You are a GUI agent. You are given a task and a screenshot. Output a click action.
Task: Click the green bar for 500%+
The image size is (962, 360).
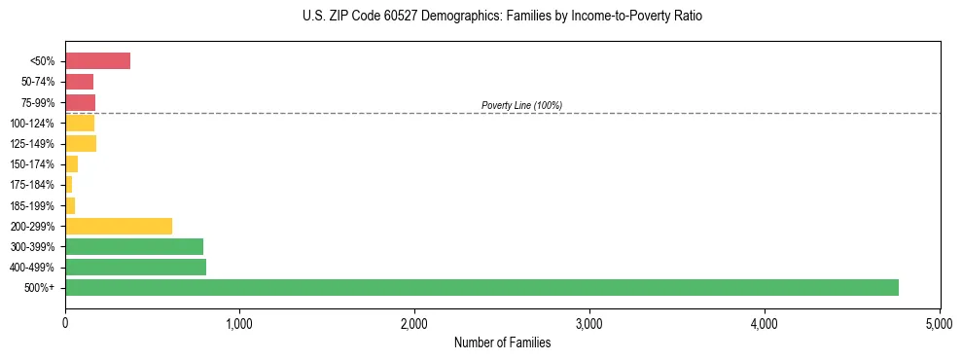point(481,287)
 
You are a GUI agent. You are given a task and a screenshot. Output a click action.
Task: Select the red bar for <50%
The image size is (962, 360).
point(97,61)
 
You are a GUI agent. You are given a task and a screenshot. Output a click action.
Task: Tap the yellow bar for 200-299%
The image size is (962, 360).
point(119,226)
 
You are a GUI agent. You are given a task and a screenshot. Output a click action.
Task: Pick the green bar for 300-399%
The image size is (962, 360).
point(134,246)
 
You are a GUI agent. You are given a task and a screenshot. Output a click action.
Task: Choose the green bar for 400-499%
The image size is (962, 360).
point(135,267)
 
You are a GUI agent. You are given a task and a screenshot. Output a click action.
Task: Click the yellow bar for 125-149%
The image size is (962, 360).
point(81,144)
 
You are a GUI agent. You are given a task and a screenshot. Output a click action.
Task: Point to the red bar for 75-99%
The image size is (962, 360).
point(80,102)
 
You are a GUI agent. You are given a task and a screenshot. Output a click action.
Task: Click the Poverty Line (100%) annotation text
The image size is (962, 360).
point(521,105)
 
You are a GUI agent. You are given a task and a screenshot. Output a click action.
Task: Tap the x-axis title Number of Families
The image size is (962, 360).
point(502,342)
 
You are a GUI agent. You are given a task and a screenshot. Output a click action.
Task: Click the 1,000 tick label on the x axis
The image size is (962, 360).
point(239,322)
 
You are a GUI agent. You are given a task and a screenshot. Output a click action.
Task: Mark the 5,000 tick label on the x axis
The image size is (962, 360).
point(940,322)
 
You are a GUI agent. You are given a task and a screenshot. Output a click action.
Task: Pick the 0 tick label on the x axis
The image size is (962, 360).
point(65,322)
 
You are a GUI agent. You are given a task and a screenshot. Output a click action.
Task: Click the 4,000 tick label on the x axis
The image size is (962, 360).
point(765,322)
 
